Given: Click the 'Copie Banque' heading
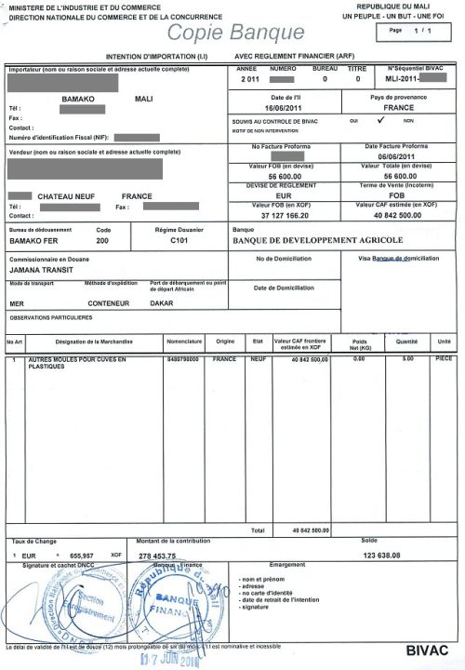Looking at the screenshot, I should [x=236, y=33].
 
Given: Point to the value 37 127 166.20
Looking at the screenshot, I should [x=287, y=215].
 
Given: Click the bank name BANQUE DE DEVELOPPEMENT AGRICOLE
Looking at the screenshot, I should [x=319, y=240].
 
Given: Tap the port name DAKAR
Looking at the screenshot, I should [x=162, y=303].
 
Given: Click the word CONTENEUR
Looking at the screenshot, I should [x=108, y=303].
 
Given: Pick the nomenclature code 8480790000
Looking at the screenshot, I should [x=183, y=358].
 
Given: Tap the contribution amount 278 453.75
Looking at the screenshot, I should [x=157, y=556].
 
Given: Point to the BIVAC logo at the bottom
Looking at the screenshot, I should [x=428, y=649].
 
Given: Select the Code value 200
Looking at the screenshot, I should [x=102, y=240].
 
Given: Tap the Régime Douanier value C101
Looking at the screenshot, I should [x=179, y=240].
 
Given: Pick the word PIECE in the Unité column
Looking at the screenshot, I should [x=443, y=358].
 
